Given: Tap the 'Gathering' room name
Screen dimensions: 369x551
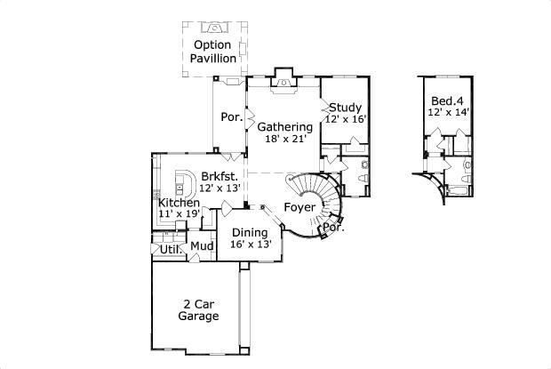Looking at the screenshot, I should (x=284, y=127).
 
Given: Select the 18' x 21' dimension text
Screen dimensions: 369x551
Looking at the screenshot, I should (x=284, y=140).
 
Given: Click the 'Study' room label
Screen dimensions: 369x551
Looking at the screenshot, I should (x=345, y=108).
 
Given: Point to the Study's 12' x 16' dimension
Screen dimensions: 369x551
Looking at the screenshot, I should (x=345, y=119).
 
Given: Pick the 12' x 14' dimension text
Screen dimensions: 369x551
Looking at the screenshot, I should (x=448, y=113).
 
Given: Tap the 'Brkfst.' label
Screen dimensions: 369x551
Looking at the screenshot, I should (x=219, y=176).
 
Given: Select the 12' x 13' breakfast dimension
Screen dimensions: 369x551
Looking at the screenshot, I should (x=220, y=189).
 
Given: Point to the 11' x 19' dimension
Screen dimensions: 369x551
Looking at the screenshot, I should (x=179, y=213).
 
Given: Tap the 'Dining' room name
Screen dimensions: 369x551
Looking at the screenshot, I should (x=250, y=232).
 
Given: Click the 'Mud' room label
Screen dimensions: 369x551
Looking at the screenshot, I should (x=201, y=245).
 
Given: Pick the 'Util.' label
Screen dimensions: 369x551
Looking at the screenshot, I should (x=171, y=250).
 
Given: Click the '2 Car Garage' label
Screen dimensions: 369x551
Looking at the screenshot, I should (x=198, y=309).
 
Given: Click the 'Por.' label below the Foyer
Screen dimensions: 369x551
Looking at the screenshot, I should (x=333, y=228).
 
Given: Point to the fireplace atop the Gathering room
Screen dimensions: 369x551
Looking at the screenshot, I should (x=283, y=78).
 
